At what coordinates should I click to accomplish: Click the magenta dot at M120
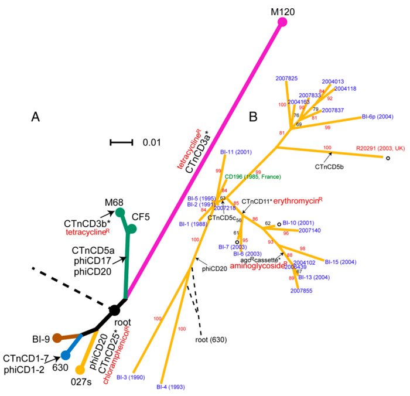coord(282,22)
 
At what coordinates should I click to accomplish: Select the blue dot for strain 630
coord(66,355)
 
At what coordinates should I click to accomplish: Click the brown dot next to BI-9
coord(57,337)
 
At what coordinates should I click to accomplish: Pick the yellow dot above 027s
coord(81,369)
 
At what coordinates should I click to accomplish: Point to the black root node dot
coord(115,309)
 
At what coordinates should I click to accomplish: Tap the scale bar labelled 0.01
coord(122,142)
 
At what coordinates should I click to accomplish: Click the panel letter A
coord(36,118)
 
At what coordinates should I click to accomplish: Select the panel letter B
coord(253,117)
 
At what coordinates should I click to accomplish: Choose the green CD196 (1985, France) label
coord(253,177)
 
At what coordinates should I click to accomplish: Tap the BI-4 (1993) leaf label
coord(170,387)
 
